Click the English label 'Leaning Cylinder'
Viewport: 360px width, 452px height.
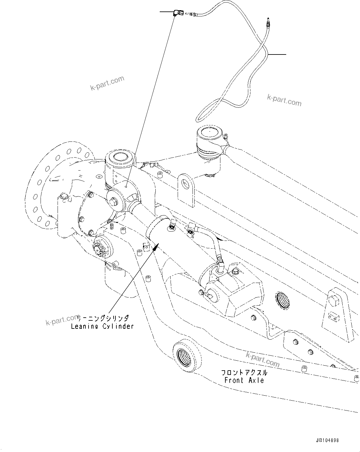102,326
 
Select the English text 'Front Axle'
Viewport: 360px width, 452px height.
244,380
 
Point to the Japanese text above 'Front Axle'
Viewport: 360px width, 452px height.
244,372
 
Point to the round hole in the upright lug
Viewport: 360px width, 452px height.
185,184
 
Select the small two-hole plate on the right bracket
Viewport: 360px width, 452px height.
334,317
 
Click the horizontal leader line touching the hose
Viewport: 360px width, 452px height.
277,54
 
